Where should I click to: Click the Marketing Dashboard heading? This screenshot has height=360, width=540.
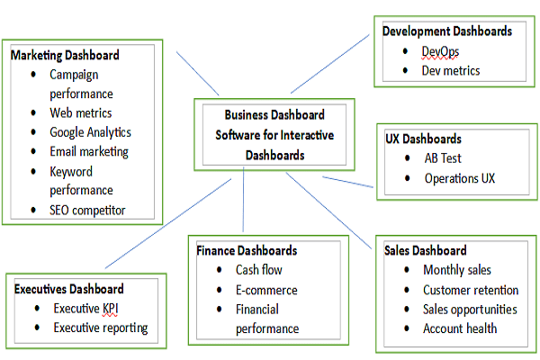pyautogui.click(x=64, y=55)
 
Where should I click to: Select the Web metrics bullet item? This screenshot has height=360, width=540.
pyautogui.click(x=81, y=112)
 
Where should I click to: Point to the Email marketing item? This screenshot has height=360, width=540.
pyautogui.click(x=89, y=151)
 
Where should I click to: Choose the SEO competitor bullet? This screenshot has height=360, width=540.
pyautogui.click(x=87, y=211)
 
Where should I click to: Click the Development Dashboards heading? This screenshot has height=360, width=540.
pyautogui.click(x=447, y=31)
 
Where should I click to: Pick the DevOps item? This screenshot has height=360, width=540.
pyautogui.click(x=440, y=50)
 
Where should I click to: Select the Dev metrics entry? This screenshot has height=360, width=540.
pyautogui.click(x=451, y=70)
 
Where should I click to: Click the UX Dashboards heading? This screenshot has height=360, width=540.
pyautogui.click(x=422, y=139)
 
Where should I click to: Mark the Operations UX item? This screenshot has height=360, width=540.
pyautogui.click(x=460, y=178)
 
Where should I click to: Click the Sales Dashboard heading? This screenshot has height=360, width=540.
pyautogui.click(x=427, y=250)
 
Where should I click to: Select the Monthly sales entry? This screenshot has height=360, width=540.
pyautogui.click(x=457, y=270)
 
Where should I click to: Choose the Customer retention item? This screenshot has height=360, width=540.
pyautogui.click(x=471, y=290)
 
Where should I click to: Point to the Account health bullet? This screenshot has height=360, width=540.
pyautogui.click(x=460, y=328)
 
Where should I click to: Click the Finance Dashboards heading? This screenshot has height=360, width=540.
pyautogui.click(x=247, y=250)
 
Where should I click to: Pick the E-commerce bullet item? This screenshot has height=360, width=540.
pyautogui.click(x=266, y=290)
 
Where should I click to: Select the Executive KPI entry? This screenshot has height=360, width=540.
pyautogui.click(x=85, y=309)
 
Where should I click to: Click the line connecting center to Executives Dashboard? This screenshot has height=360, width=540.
pyautogui.click(x=162, y=226)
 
